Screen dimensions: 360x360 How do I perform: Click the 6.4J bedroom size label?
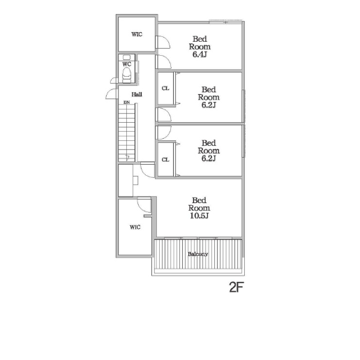pos(200,54)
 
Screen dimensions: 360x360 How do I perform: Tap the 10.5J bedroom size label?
pos(199,216)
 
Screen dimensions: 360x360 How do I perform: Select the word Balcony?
pos(197,254)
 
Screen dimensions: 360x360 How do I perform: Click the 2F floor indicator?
pos(236,287)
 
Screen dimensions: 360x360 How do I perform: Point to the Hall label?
pos(137,94)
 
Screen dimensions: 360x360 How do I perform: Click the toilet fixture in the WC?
pos(127,75)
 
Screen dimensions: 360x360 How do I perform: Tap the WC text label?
pos(127,64)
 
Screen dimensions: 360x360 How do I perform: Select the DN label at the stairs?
pos(126,102)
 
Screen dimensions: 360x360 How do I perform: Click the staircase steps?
pos(127,133)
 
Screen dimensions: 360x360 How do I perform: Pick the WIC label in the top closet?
pos(137,34)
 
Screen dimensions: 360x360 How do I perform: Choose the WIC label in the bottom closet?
pos(135,227)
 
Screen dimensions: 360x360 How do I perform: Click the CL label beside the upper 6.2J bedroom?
pos(165,89)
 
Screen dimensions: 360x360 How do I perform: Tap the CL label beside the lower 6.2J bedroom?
pos(165,160)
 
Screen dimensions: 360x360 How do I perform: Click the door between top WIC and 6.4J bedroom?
pos(163,42)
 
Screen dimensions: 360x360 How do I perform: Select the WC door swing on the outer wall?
pos(114,80)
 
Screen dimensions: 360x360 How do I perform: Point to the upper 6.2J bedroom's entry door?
pos(163,114)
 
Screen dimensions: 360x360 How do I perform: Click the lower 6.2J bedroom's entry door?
pos(163,133)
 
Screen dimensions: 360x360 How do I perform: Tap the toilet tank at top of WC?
pos(127,57)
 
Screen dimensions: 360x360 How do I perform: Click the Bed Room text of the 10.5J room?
pos(199,204)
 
